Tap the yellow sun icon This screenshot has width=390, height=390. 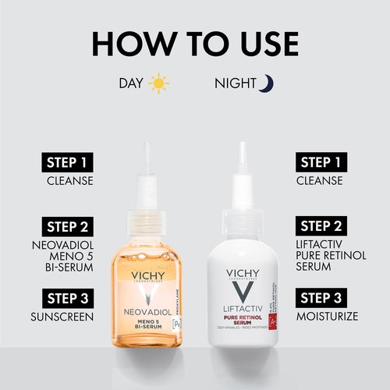point(159,83)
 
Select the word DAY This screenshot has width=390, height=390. point(131,83)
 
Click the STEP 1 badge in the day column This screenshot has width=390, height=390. point(67,162)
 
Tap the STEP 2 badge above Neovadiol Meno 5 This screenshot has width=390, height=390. point(67,227)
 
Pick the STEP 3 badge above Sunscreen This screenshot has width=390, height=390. point(67,297)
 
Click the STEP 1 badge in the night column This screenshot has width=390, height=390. point(323,162)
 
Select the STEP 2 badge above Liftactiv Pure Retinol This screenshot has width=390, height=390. point(323,227)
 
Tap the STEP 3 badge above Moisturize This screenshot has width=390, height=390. point(323,297)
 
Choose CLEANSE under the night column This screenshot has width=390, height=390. point(320,181)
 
